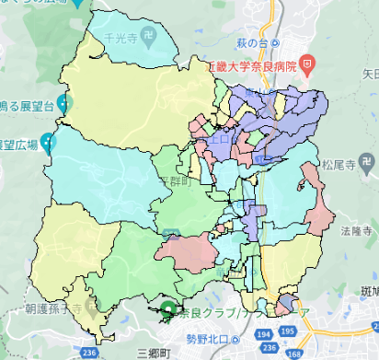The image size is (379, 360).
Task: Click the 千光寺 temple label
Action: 125,41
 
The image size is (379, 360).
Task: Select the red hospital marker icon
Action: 307,64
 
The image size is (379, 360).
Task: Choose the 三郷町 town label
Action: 154,353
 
